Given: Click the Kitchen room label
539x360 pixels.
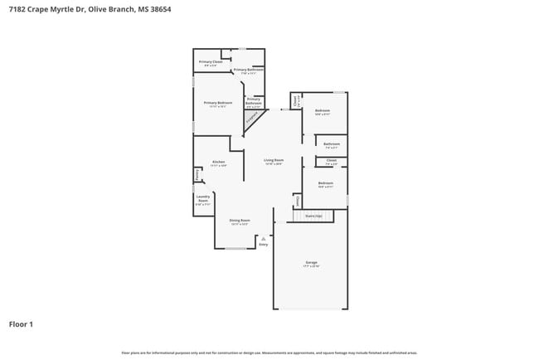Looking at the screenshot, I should [x=218, y=162].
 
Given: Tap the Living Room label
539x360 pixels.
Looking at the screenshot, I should [x=274, y=160].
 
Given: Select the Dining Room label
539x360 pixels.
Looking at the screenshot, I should [x=240, y=220].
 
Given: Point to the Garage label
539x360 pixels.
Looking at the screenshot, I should [x=311, y=262].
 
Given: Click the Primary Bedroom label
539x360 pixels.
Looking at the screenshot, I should [x=218, y=103].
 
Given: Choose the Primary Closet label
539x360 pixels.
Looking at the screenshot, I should [x=211, y=61].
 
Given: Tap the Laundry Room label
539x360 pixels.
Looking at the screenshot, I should [x=203, y=199].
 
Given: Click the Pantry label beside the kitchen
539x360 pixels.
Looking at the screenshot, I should [x=197, y=175].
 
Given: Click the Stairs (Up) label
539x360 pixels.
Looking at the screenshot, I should [x=313, y=215].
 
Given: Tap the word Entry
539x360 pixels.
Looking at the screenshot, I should [x=264, y=245].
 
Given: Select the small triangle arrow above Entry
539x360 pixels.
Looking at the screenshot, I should [x=264, y=239].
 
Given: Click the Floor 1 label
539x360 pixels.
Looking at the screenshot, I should [x=21, y=324].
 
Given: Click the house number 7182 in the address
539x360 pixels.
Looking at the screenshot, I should [x=17, y=9].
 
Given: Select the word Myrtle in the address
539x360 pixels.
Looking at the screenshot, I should [x=65, y=9].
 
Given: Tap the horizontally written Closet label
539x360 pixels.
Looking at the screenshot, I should [x=331, y=160].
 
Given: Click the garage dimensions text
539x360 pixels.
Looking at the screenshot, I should [x=311, y=266].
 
